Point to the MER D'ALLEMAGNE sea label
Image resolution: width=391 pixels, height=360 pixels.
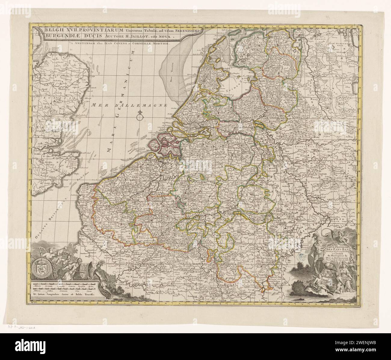pos(129,105)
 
